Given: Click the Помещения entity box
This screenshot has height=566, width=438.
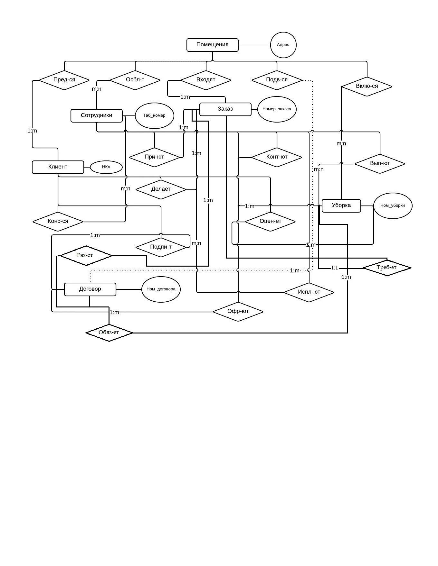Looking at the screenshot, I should pyautogui.click(x=213, y=45).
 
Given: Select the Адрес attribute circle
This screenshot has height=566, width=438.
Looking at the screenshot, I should pyautogui.click(x=283, y=45).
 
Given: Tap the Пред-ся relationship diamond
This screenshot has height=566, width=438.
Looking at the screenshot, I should pyautogui.click(x=64, y=80).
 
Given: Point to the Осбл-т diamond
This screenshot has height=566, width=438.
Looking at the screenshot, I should pyautogui.click(x=135, y=80).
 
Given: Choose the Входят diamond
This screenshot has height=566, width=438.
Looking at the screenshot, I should pyautogui.click(x=206, y=80).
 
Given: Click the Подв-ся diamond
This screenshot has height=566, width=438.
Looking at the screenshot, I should pyautogui.click(x=277, y=80).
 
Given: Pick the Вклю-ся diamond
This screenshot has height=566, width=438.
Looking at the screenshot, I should pyautogui.click(x=367, y=86).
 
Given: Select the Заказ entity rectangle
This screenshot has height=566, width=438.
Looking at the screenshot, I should pyautogui.click(x=225, y=109).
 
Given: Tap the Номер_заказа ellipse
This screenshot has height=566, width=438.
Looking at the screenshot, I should pyautogui.click(x=277, y=109).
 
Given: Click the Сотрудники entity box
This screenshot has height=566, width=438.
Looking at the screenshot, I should pyautogui.click(x=96, y=115).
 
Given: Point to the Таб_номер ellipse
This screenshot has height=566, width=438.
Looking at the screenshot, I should pyautogui.click(x=154, y=115).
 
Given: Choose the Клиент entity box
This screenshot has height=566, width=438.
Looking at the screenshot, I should pyautogui.click(x=58, y=167).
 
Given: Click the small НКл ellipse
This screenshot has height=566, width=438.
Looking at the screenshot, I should pyautogui.click(x=106, y=167).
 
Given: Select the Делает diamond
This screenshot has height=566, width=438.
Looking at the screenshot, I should pyautogui.click(x=161, y=189).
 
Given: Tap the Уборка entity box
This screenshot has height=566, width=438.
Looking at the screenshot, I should pyautogui.click(x=341, y=205).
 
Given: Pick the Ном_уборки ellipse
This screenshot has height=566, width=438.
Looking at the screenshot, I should pyautogui.click(x=393, y=205).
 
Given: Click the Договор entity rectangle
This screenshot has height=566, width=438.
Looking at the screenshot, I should pyautogui.click(x=90, y=289).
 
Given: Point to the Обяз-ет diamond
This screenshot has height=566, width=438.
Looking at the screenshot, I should pyautogui.click(x=109, y=333).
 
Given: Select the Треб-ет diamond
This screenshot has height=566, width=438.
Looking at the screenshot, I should pyautogui.click(x=387, y=268).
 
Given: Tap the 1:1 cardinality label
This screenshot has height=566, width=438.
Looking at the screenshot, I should pyautogui.click(x=335, y=268).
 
